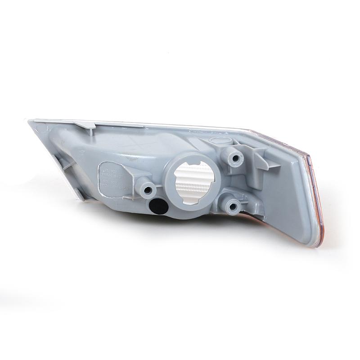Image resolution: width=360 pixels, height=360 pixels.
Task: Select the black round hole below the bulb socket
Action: [157, 207]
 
